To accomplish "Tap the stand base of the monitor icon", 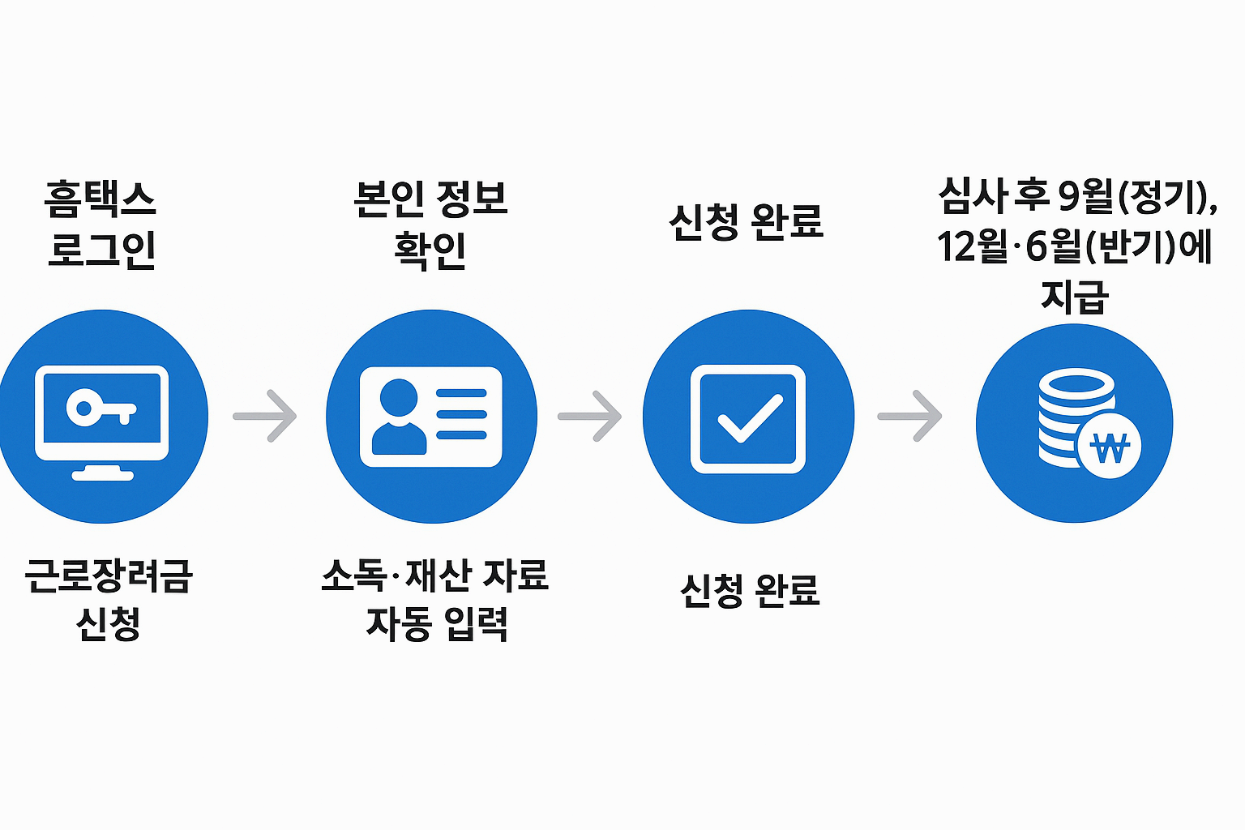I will click(x=102, y=474).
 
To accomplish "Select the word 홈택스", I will click(x=101, y=199).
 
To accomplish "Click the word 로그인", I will click(x=102, y=250).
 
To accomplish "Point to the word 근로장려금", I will click(x=109, y=576).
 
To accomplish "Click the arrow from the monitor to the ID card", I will click(x=265, y=416).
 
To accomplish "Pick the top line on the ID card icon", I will click(x=461, y=394).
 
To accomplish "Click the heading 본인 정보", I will click(x=430, y=199).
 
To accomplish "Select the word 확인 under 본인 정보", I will click(x=430, y=250).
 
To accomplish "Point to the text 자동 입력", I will click(x=437, y=624).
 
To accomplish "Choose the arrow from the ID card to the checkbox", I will click(x=590, y=416).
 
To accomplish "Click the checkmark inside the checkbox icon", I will click(x=750, y=418).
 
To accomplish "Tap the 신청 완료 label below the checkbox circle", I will click(x=750, y=590).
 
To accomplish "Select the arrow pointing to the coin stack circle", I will click(x=910, y=416).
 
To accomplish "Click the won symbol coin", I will click(x=1109, y=448).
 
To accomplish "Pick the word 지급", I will click(x=1074, y=297).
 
